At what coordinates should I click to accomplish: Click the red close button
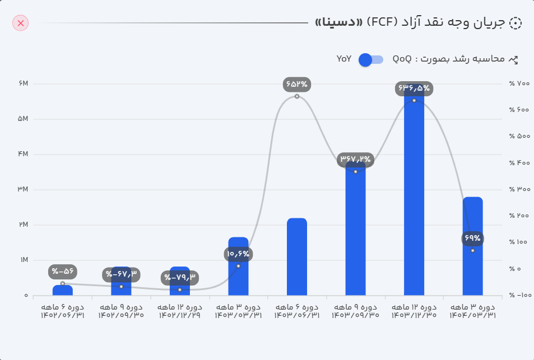coord(21,23)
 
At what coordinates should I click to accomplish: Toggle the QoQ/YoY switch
coord(370,59)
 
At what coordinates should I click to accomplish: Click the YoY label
coord(344,59)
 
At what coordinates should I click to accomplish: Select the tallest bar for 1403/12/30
coord(414,196)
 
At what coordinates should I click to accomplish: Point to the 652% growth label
coord(297,85)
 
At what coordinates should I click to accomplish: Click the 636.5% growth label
coord(414,88)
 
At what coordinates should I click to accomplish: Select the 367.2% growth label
coord(355,160)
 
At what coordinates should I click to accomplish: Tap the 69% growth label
coord(472,239)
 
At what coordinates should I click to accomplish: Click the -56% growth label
coord(63,272)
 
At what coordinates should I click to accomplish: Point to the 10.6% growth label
coord(238,254)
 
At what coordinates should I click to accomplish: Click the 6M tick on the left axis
coord(23,84)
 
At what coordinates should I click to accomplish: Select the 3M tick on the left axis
coord(23,190)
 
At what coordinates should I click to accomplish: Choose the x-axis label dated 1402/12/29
coord(180,311)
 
